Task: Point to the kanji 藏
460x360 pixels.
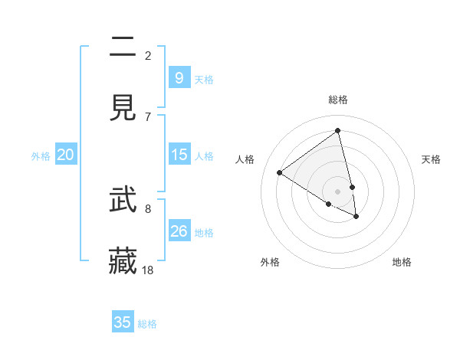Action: tap(123, 261)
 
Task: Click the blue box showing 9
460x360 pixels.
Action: tap(179, 78)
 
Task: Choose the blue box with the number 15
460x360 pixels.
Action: tap(179, 155)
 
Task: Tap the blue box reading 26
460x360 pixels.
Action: tap(179, 231)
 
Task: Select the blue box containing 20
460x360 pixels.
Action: tap(66, 155)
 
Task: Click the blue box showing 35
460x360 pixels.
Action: tap(123, 322)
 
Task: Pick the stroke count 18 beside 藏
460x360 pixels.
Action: tap(148, 270)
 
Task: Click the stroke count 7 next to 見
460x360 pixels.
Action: tap(148, 116)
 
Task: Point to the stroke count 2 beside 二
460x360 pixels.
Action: tap(148, 55)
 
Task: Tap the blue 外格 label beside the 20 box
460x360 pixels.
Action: tap(41, 155)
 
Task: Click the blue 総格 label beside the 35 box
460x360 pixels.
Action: tap(147, 324)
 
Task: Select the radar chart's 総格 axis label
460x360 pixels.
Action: tap(338, 100)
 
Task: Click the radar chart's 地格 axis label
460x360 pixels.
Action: tap(402, 262)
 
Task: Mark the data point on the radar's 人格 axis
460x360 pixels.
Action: tap(280, 173)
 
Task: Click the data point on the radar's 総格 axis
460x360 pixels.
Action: tap(338, 130)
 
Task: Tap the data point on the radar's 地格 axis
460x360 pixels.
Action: tap(356, 217)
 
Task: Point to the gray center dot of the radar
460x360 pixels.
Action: tap(338, 191)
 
